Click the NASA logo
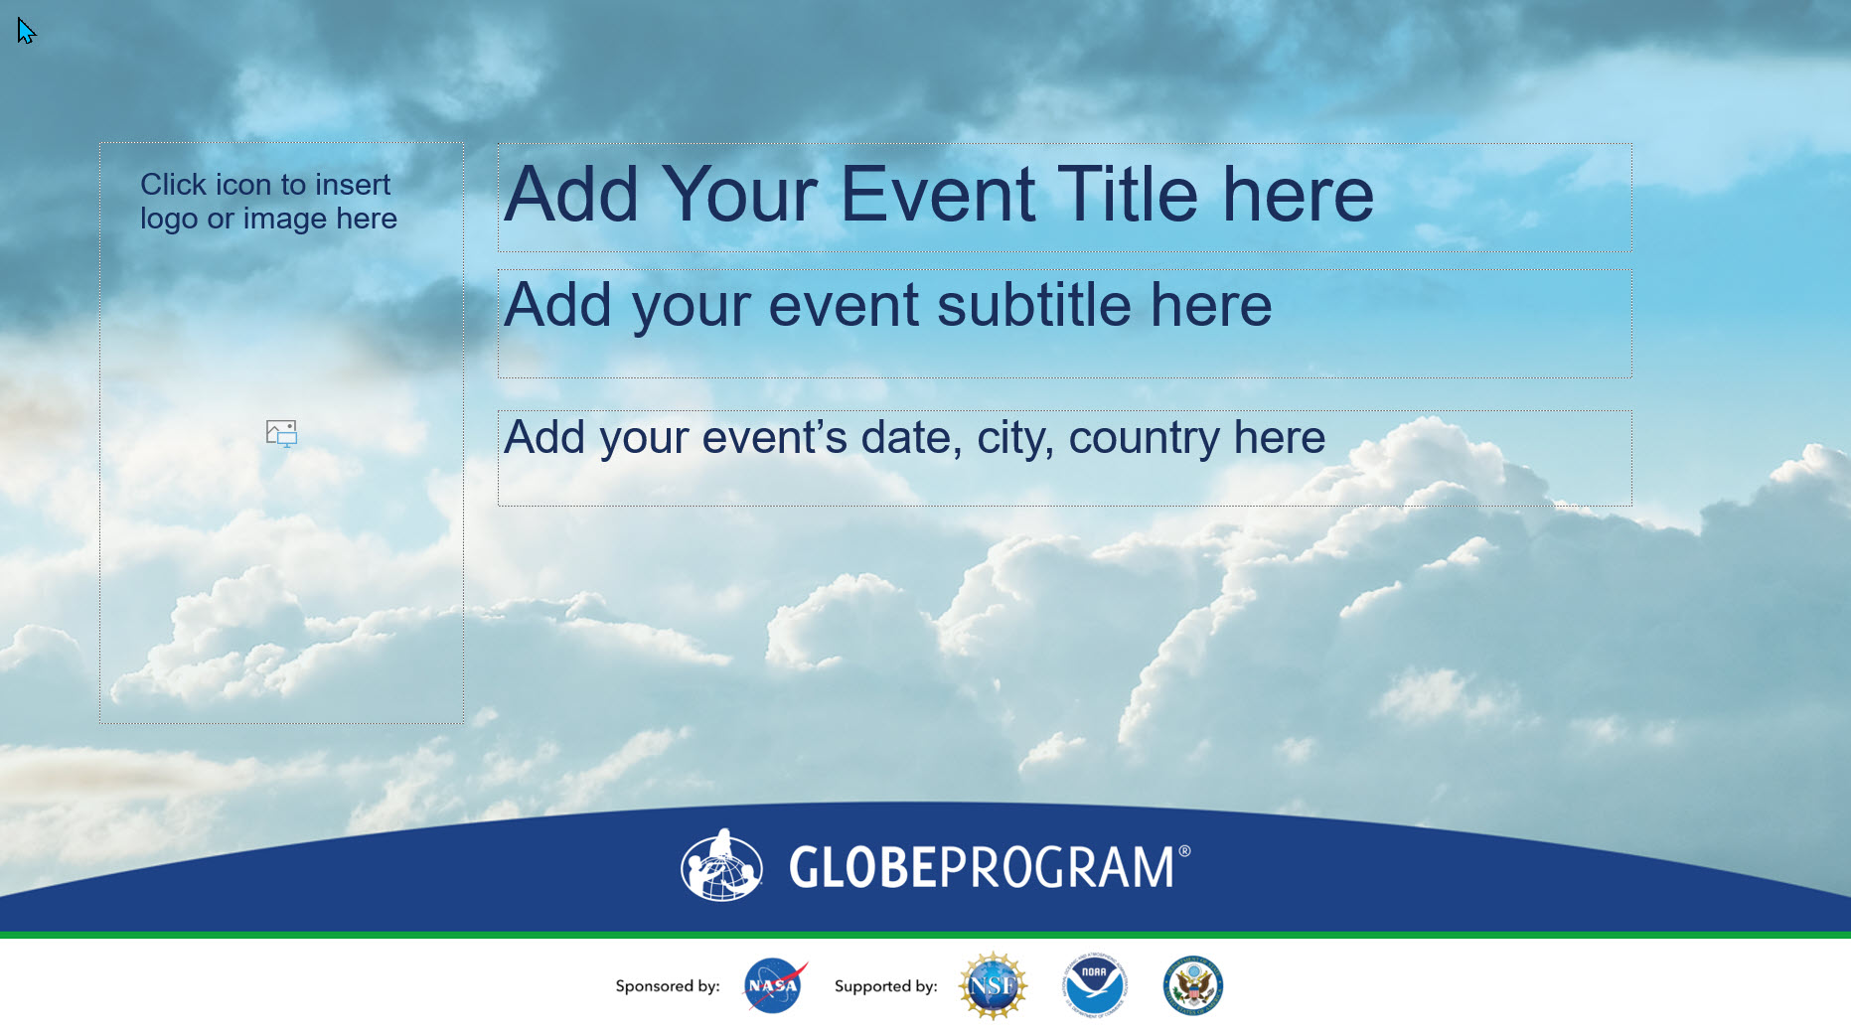775,985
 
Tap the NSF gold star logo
993,985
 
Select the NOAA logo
1094,985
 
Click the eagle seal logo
1192,985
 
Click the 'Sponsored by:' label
668,986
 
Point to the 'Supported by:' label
886,986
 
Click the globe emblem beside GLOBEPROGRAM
721,865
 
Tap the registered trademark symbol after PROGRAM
1184,851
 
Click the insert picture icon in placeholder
282,433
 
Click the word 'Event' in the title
937,194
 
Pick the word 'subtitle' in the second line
1034,304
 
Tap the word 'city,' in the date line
1015,438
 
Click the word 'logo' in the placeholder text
169,220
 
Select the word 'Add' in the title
571,194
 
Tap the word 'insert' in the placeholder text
353,185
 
